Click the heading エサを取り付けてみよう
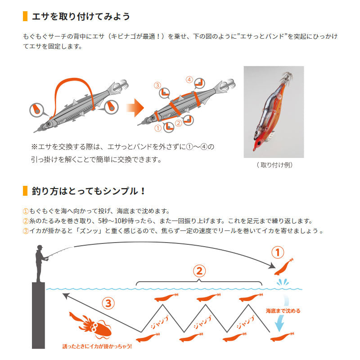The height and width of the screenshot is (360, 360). point(81,17)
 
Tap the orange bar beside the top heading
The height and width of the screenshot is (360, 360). point(25,17)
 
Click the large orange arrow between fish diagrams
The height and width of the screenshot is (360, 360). point(134,108)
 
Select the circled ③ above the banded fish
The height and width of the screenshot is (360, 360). point(157,85)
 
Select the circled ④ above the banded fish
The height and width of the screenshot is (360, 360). point(189,80)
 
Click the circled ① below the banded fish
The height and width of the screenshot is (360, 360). point(157,128)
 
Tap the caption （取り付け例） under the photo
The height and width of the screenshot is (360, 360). point(274,165)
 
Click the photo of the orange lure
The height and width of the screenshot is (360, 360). point(274,112)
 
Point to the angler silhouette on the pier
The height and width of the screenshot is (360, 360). point(40,263)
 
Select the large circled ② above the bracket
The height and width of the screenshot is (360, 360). point(199,271)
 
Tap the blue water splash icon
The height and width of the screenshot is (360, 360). point(284,284)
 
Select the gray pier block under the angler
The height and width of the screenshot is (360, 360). point(38,319)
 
